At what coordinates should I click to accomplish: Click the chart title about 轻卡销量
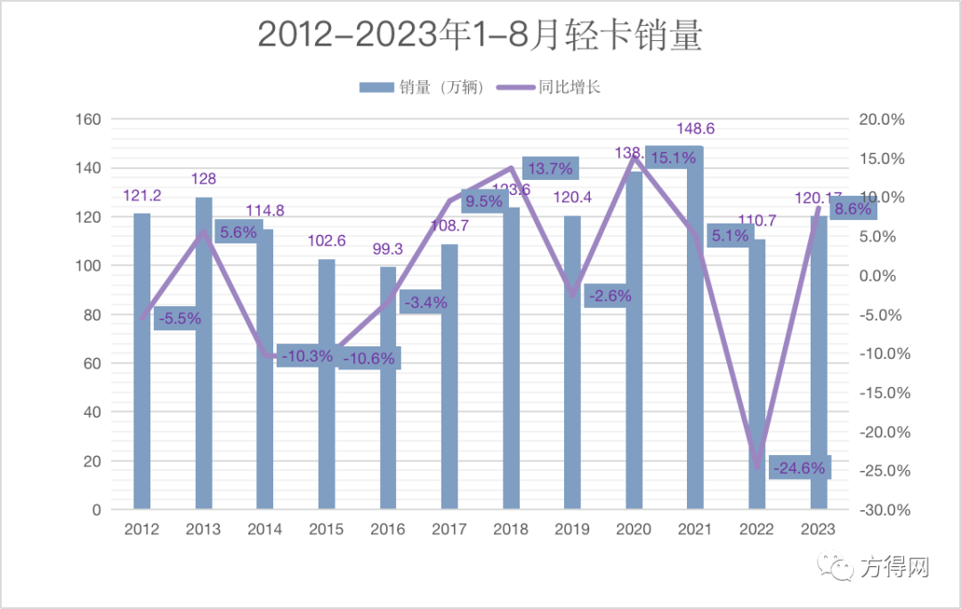tap(480, 36)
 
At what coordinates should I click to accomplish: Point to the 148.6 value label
tap(695, 129)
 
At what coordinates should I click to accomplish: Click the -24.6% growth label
tap(799, 467)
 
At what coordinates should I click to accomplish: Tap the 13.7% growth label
tap(550, 167)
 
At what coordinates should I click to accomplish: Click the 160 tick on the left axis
tap(92, 119)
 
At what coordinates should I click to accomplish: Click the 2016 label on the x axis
tap(388, 529)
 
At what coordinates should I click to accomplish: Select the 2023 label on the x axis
tap(819, 529)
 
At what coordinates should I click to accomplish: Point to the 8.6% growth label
tap(853, 208)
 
